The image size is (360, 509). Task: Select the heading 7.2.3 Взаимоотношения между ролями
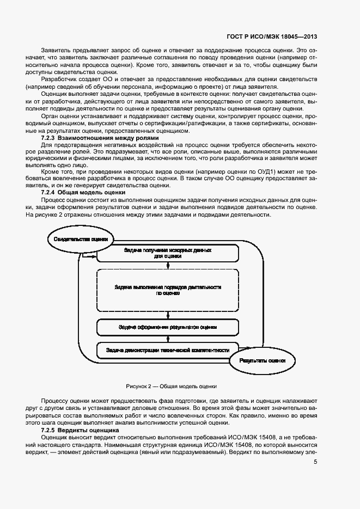coord(100,138)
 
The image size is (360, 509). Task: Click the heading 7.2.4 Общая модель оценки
coord(83,192)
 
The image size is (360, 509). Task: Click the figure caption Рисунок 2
coord(171,386)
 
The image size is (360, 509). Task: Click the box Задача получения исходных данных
coord(168,253)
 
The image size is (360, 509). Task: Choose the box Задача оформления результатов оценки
coord(168,327)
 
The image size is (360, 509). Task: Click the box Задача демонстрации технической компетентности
coord(168,349)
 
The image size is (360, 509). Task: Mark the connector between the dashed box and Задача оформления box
coord(168,314)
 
